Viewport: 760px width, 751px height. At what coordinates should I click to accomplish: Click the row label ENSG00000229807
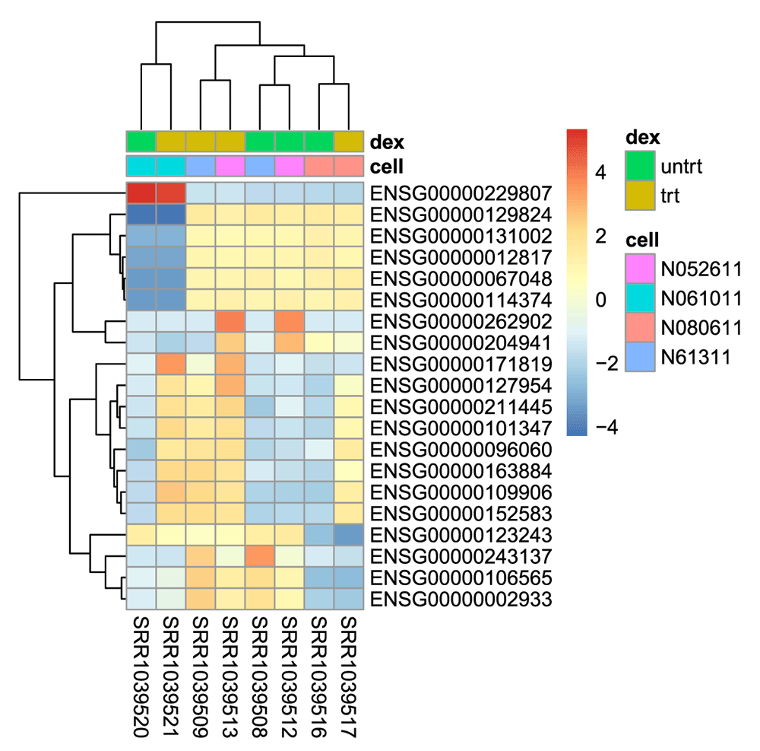point(461,193)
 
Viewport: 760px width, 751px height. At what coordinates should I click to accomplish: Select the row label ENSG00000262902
point(461,322)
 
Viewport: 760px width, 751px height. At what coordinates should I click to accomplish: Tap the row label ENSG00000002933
point(461,599)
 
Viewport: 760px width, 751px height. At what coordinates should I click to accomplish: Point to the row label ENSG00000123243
point(461,535)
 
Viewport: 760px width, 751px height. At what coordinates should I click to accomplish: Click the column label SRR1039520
point(141,676)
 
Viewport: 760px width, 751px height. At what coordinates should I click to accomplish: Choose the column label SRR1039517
point(349,676)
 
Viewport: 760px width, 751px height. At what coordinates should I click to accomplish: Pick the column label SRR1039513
point(230,676)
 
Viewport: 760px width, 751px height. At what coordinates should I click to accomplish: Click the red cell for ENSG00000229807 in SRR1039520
point(141,193)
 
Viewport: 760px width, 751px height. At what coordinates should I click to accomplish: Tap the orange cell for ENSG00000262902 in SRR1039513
point(230,321)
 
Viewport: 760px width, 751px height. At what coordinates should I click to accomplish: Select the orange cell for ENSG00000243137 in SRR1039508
point(260,556)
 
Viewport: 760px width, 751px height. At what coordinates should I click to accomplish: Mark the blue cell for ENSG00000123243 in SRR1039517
point(349,535)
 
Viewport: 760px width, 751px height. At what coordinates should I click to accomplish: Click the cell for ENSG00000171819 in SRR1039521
point(170,364)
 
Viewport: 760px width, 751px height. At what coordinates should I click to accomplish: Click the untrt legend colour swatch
point(640,166)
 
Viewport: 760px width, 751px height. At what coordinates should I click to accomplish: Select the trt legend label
point(670,196)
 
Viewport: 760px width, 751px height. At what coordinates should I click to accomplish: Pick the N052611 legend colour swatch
point(640,269)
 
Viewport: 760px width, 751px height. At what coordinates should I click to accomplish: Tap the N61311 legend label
point(695,357)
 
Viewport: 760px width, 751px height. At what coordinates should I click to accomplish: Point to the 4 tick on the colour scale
point(600,172)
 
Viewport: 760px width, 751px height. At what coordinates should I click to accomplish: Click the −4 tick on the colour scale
point(606,428)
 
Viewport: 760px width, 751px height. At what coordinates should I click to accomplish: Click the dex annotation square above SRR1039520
point(141,142)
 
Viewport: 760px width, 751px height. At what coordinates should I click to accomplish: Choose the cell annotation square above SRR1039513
point(230,166)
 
